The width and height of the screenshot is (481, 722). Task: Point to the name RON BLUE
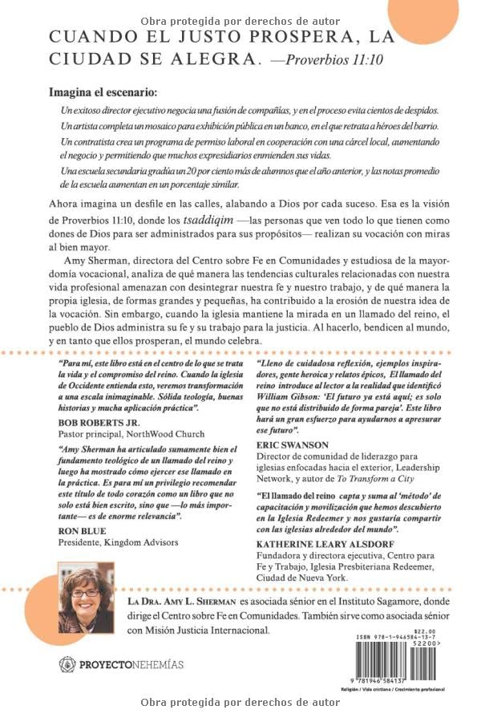tap(79, 530)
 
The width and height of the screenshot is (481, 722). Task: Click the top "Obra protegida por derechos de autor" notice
tap(240, 21)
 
